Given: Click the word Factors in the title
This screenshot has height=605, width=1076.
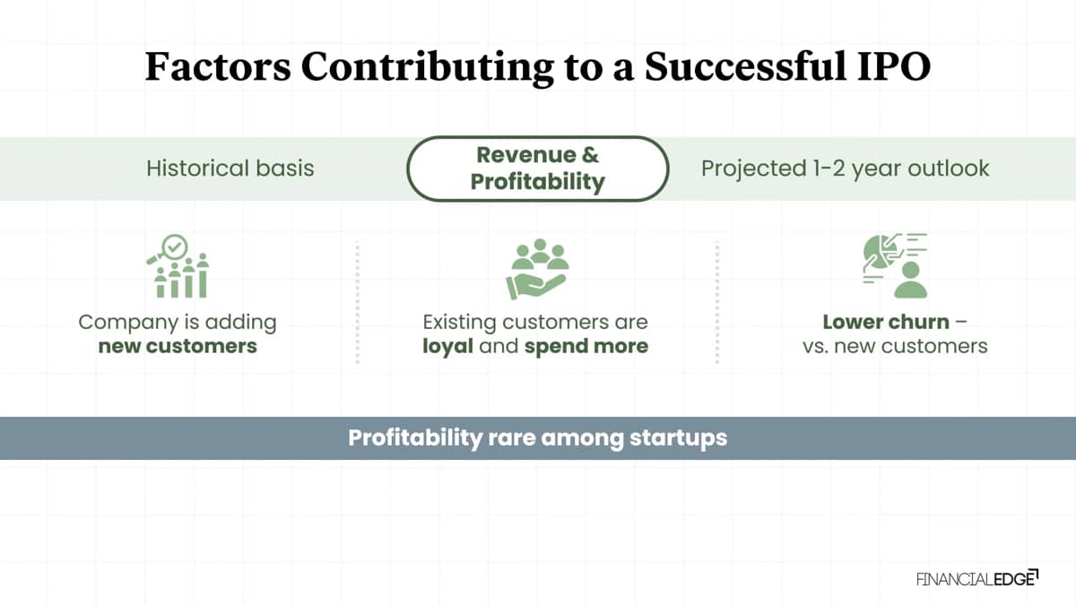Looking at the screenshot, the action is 218,66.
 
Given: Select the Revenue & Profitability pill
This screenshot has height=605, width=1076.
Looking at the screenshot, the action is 537,169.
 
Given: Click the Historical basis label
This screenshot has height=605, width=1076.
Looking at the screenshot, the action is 230,169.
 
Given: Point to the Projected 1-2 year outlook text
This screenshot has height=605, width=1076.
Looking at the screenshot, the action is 845,169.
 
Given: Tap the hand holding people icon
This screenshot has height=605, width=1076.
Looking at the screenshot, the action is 537,269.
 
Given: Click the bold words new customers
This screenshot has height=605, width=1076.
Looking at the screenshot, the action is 178,346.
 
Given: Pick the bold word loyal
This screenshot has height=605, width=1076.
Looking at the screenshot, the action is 447,347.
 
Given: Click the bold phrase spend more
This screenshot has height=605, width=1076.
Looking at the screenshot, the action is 586,347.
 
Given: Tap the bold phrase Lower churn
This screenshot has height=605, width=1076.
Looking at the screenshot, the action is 886,322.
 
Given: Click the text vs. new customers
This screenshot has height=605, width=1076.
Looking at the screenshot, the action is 895,346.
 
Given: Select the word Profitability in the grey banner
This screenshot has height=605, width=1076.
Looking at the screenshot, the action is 415,438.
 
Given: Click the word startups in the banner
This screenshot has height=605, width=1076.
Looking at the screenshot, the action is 678,438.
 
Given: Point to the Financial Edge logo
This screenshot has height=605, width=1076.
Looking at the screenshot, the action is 977,578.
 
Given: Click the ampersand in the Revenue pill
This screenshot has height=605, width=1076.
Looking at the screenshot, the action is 590,155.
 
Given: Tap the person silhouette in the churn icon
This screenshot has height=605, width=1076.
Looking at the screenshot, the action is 910,280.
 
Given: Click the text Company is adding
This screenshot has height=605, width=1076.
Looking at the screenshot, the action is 178,323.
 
